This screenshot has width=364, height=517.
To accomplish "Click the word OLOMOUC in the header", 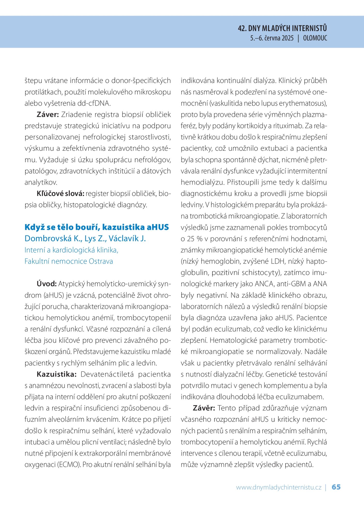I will [315, 38].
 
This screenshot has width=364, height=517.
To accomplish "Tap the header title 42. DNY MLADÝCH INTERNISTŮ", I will [282, 28].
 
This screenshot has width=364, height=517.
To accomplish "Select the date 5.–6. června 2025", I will [272, 38].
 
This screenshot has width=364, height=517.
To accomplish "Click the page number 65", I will [336, 487].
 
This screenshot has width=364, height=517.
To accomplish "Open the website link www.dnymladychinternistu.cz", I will [279, 487].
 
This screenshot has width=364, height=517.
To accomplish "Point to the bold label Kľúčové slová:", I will [60, 193].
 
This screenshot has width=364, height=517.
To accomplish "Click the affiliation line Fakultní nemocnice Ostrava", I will [69, 261].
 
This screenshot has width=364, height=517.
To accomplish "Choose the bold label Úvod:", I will [46, 284].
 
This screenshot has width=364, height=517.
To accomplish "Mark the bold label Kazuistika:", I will [57, 374].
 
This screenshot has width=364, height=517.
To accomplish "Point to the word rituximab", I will [287, 126].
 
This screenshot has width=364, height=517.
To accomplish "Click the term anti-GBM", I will [291, 284].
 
